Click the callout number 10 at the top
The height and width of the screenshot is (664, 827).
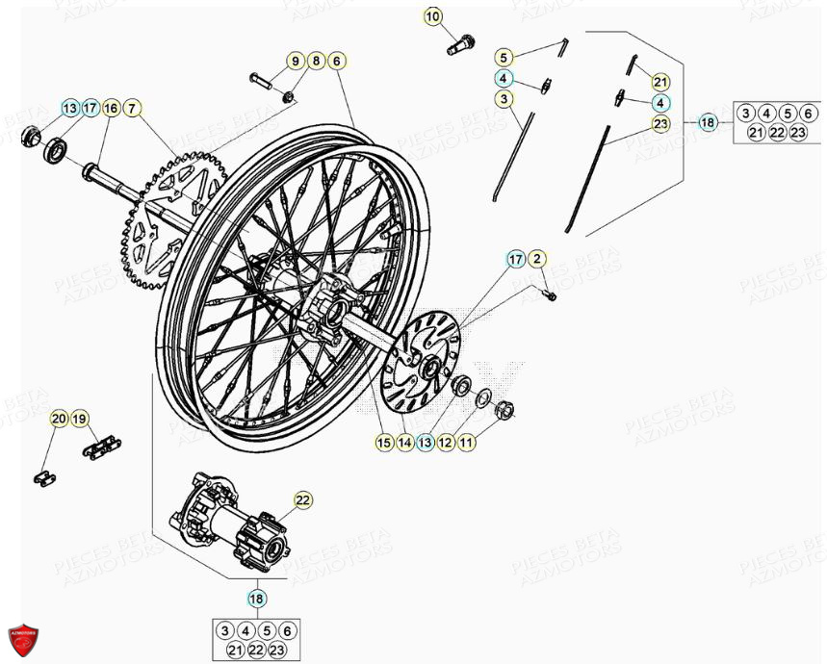click(x=433, y=16)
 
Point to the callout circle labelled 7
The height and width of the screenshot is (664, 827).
click(x=133, y=108)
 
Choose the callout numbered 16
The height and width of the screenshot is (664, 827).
click(x=111, y=108)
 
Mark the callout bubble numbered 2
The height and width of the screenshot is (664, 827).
click(x=537, y=258)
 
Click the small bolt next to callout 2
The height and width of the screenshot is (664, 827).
click(x=549, y=294)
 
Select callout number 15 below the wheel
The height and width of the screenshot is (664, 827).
click(x=384, y=443)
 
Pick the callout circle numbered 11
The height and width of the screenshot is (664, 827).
click(x=466, y=443)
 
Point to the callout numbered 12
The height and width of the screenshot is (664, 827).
click(x=446, y=443)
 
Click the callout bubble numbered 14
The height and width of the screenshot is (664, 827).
click(x=404, y=443)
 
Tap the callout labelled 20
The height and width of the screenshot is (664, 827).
click(x=59, y=419)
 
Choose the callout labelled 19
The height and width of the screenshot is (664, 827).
click(x=79, y=419)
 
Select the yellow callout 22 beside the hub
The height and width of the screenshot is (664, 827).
click(x=303, y=499)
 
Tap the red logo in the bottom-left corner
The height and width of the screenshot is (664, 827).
click(x=21, y=639)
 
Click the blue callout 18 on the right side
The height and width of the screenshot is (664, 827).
click(x=708, y=122)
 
